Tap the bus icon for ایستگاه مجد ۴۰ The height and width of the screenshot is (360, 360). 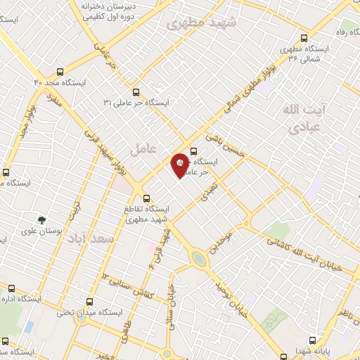[59, 72]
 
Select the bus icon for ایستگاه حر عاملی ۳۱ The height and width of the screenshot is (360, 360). [136, 92]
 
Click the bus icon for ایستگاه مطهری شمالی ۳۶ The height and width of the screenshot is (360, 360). [304, 39]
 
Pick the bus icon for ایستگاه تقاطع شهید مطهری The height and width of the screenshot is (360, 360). [146, 199]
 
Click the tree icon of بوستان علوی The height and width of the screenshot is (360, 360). [42, 220]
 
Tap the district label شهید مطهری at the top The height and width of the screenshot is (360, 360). [202, 23]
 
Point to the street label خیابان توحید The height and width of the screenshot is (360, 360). [229, 295]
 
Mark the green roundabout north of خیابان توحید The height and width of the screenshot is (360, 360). [200, 259]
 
